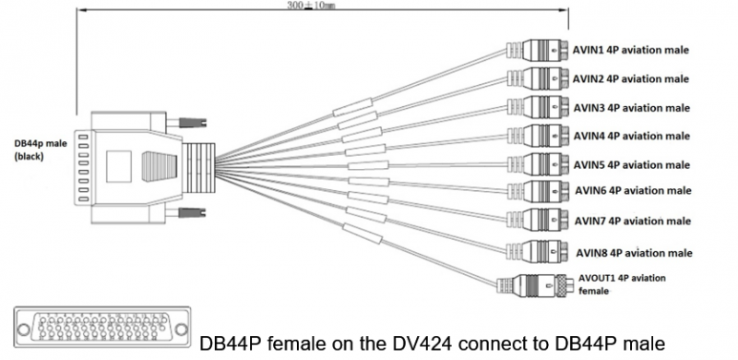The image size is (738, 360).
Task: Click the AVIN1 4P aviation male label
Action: [x=632, y=50]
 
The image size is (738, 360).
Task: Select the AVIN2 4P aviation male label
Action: [x=632, y=78]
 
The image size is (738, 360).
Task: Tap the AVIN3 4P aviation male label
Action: [x=632, y=107]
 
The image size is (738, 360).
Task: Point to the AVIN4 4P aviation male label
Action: [x=632, y=136]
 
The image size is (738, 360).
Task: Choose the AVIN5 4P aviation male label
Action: [x=632, y=165]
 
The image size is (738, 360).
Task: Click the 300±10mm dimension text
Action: [x=310, y=7]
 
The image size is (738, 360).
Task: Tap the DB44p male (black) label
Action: [x=37, y=150]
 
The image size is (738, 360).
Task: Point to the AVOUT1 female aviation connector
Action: [x=532, y=284]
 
